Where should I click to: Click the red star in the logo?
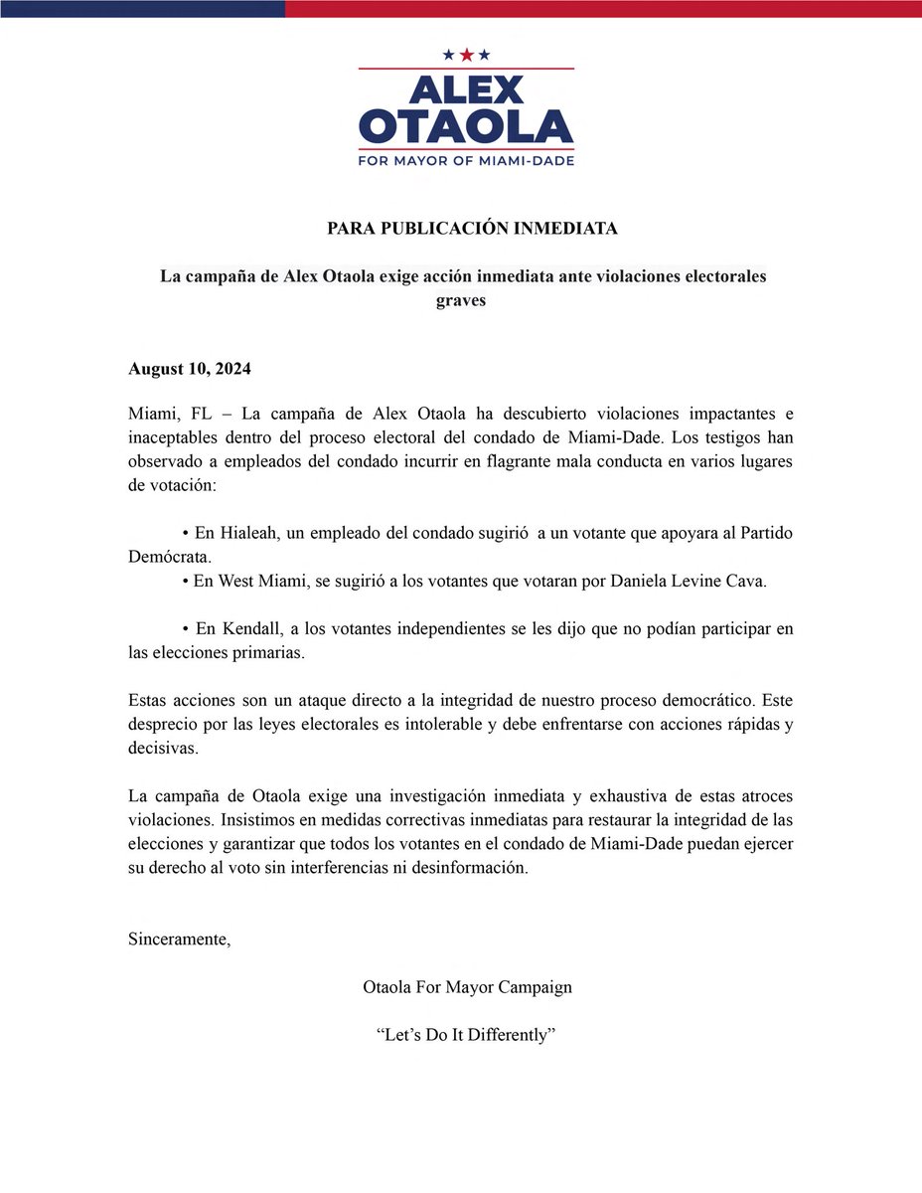[466, 55]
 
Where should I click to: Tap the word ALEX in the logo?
[466, 88]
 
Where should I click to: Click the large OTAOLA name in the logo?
[466, 126]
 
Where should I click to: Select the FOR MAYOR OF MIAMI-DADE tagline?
[466, 160]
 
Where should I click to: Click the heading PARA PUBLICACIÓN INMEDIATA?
[472, 229]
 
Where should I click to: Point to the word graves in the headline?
[461, 300]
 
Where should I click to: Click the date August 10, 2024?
[190, 369]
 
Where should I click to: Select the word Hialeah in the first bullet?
[239, 534]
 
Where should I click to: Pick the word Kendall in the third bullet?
[248, 629]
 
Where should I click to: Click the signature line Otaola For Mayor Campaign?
[468, 987]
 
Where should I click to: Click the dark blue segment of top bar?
[142, 8]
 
